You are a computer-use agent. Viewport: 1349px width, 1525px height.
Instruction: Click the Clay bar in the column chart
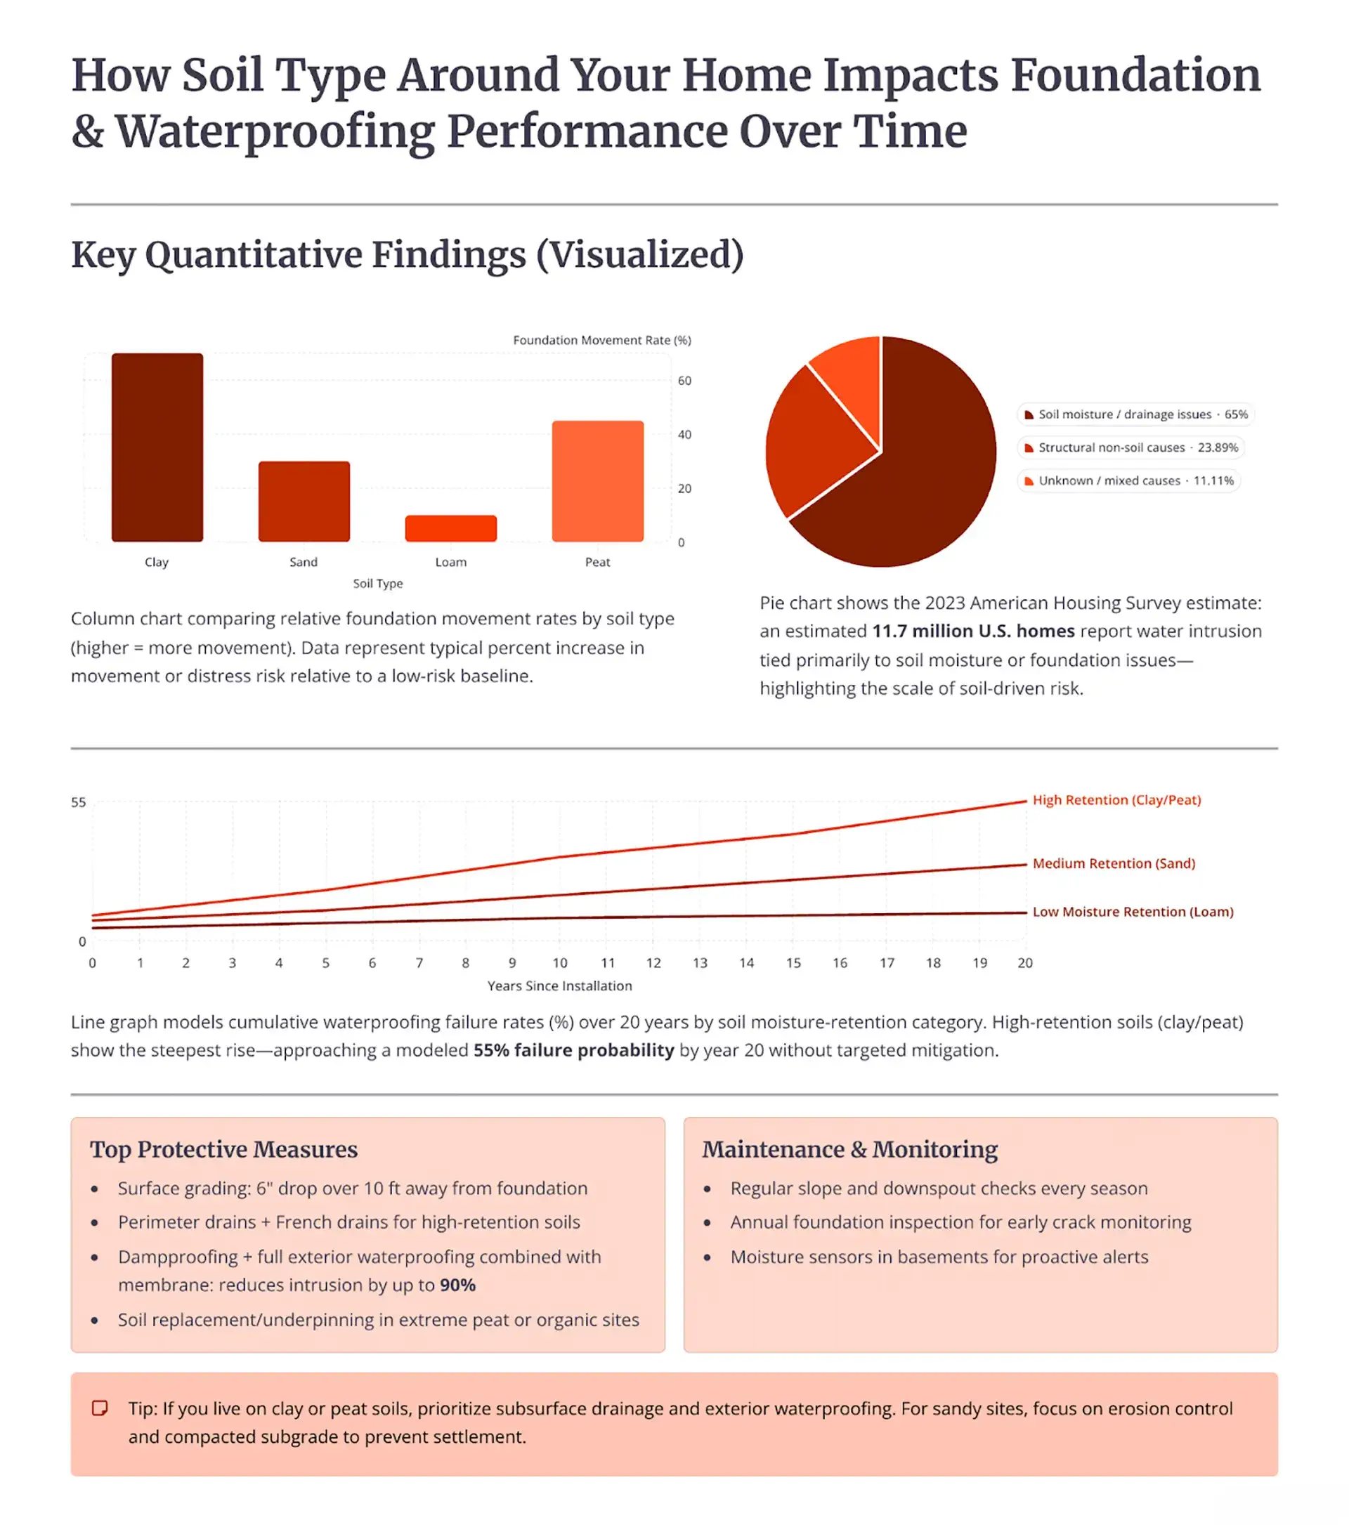[x=157, y=447]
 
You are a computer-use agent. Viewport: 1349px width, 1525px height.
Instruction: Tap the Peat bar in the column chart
[x=597, y=480]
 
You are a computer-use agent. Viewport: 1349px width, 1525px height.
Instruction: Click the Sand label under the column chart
[x=303, y=562]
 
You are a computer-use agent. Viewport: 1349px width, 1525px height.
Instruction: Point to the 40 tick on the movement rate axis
[x=684, y=434]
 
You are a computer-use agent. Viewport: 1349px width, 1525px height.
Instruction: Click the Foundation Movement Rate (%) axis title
[x=601, y=340]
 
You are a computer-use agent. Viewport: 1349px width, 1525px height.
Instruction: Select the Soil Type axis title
[x=377, y=584]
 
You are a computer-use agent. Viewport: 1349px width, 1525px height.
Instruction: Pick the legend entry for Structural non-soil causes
[x=1130, y=447]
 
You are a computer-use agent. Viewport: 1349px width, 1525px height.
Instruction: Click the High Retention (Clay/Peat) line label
[x=1116, y=800]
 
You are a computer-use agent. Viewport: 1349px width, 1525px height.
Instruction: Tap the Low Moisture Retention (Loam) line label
[x=1132, y=912]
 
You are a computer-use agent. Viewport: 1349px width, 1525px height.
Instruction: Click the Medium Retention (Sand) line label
[x=1112, y=863]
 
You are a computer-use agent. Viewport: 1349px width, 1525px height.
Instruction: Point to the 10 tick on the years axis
[x=559, y=962]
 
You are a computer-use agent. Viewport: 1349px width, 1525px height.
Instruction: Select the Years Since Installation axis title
[x=559, y=986]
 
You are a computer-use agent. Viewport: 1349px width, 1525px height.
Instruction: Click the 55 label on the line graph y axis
[x=79, y=803]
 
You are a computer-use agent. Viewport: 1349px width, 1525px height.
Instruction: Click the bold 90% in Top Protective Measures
[x=457, y=1285]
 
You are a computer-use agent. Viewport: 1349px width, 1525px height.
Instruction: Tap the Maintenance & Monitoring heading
[x=849, y=1150]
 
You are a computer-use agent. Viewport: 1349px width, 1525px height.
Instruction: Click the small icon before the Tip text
[x=99, y=1408]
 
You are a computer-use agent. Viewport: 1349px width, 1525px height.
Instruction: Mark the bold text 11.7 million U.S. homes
[x=973, y=631]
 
